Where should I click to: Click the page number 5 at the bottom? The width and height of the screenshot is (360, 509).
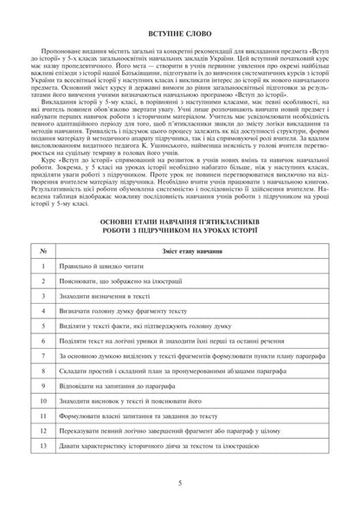(179, 496)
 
